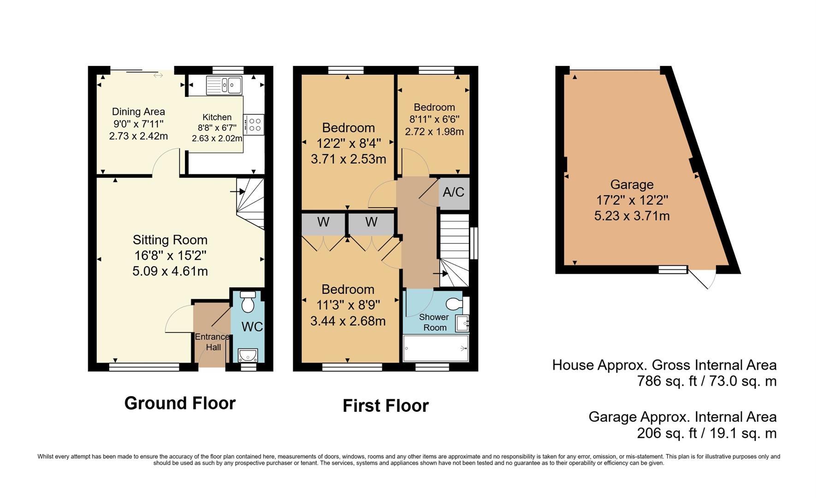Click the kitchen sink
pyautogui.click(x=224, y=85)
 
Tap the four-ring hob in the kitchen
pyautogui.click(x=254, y=125)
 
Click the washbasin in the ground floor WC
pyautogui.click(x=248, y=356)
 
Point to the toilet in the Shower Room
pyautogui.click(x=456, y=304)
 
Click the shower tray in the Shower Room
pyautogui.click(x=436, y=348)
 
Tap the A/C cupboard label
pyautogui.click(x=454, y=192)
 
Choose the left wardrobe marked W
pyautogui.click(x=323, y=222)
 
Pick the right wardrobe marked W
pyautogui.click(x=371, y=222)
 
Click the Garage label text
pyautogui.click(x=632, y=184)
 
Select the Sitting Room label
pyautogui.click(x=170, y=240)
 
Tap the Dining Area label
pyautogui.click(x=138, y=112)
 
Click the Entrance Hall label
pyautogui.click(x=213, y=342)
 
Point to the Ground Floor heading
pyautogui.click(x=180, y=403)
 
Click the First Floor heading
pyautogui.click(x=385, y=406)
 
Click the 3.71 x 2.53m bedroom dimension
pyautogui.click(x=349, y=159)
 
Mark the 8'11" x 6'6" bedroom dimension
pyautogui.click(x=434, y=119)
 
